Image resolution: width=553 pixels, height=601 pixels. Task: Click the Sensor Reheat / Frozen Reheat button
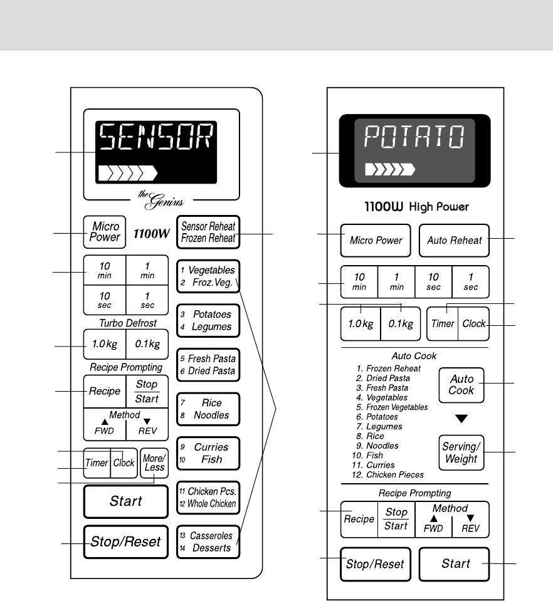pyautogui.click(x=208, y=233)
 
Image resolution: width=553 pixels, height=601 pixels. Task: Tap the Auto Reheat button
pyautogui.click(x=454, y=240)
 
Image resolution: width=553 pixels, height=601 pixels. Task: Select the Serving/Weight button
pyautogui.click(x=460, y=453)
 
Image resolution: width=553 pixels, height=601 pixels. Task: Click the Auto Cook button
pyautogui.click(x=461, y=385)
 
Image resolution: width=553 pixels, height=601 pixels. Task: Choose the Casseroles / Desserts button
pyautogui.click(x=208, y=542)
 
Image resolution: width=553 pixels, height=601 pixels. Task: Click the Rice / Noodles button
pyautogui.click(x=208, y=409)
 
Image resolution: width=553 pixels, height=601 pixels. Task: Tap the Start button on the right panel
pyautogui.click(x=455, y=563)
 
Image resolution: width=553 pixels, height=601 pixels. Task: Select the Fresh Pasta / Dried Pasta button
pyautogui.click(x=208, y=365)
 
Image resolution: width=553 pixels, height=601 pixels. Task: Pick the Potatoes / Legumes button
pyautogui.click(x=208, y=320)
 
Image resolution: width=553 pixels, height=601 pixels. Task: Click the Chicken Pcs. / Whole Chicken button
pyautogui.click(x=208, y=498)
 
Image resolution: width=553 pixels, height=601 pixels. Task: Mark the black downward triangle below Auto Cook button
pyautogui.click(x=461, y=419)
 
